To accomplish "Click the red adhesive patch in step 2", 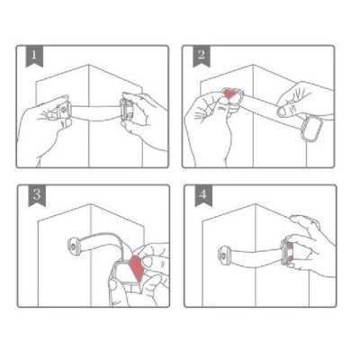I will (231, 94).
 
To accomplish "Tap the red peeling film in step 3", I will (138, 265).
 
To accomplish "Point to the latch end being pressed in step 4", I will (290, 252).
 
